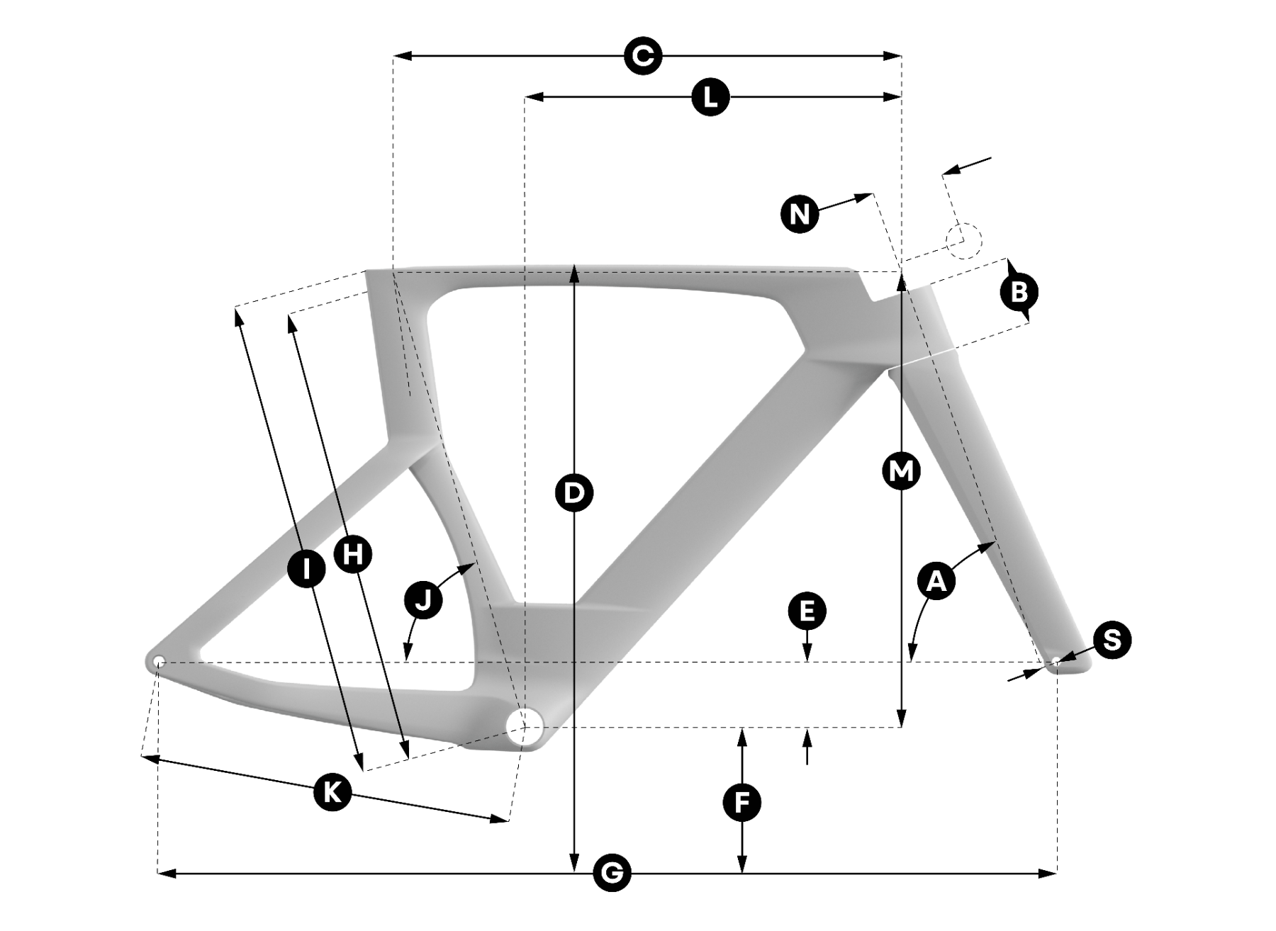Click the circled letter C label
pos(643,55)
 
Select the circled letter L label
pos(710,96)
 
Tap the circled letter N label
pos(800,213)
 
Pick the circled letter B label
pos(1019,291)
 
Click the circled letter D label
pos(574,492)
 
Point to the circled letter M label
pos(901,471)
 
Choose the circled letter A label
pos(936,581)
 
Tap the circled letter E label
pos(807,611)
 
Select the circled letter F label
pos(741,803)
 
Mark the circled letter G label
pos(611,873)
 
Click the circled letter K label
pos(332,791)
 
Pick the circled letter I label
pos(306,568)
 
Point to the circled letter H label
pos(352,553)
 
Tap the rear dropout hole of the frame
pos(159,662)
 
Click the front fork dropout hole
pos(1056,661)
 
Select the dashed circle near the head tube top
pos(964,240)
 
